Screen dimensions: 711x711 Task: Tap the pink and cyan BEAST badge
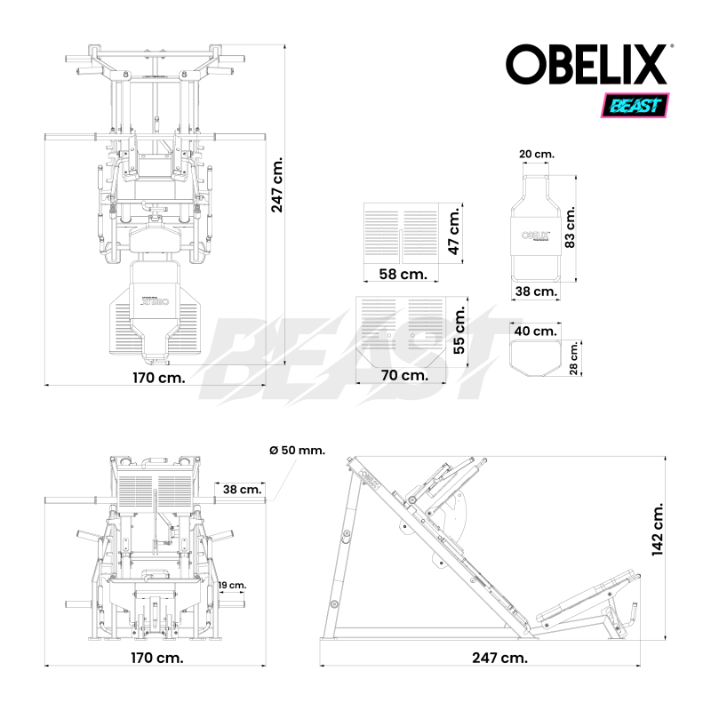637,106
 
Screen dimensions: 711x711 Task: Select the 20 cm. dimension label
537,154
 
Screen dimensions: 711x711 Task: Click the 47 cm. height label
453,233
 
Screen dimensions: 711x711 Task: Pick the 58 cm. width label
403,274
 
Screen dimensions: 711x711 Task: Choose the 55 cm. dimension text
459,332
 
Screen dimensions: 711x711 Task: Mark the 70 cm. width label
404,375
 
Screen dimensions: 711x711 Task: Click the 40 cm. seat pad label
536,332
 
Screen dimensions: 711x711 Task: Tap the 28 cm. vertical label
574,357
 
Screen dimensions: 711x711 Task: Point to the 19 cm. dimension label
234,586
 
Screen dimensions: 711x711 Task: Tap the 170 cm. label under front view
158,659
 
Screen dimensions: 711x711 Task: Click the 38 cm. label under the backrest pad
536,291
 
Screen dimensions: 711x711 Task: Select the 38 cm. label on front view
242,489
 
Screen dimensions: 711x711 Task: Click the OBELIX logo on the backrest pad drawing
534,236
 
